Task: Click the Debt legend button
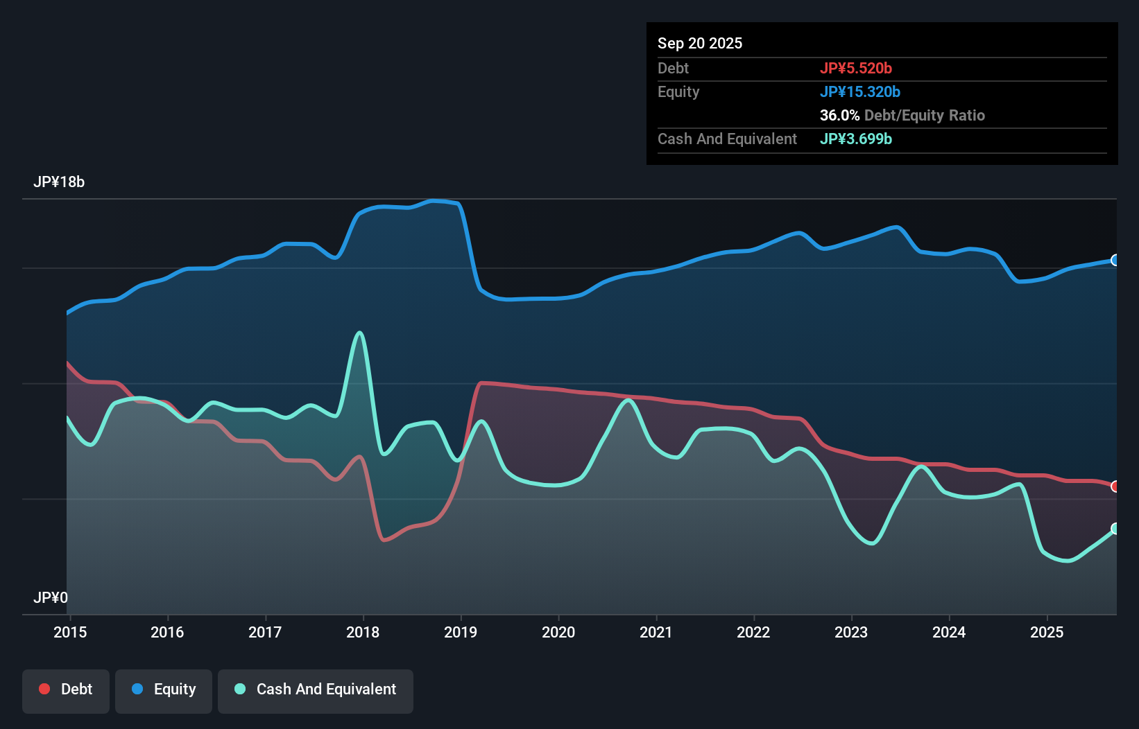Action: click(66, 690)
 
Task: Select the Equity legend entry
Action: click(164, 690)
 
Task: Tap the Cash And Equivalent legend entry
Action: click(316, 690)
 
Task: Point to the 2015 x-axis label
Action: click(70, 632)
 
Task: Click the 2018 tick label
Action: click(363, 632)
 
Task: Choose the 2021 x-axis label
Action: click(656, 632)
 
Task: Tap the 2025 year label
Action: click(1046, 632)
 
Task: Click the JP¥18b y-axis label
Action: click(59, 182)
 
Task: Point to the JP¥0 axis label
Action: click(51, 597)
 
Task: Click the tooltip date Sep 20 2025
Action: click(699, 43)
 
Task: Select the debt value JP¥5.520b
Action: click(855, 68)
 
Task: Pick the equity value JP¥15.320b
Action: click(859, 91)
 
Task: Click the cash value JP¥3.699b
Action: click(855, 139)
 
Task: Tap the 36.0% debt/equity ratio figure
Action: click(839, 115)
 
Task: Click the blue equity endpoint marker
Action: click(1115, 260)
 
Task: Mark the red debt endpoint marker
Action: click(1115, 486)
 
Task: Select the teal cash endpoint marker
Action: click(1115, 529)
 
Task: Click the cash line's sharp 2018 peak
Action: click(359, 333)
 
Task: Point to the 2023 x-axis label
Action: click(850, 632)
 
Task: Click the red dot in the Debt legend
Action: click(44, 689)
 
